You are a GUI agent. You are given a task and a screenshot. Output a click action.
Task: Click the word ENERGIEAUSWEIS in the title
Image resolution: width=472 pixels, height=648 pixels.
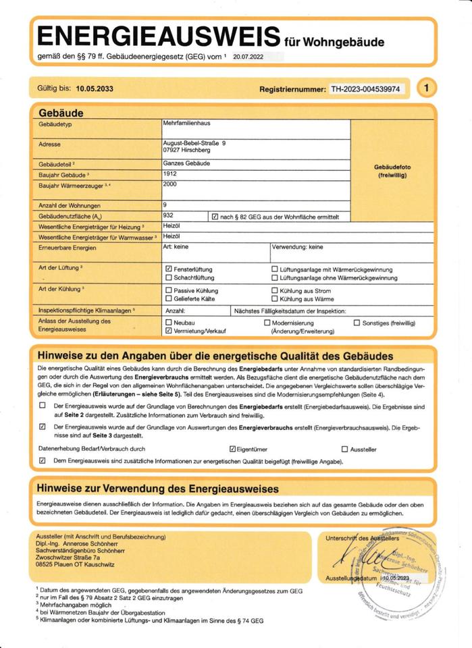[159, 37]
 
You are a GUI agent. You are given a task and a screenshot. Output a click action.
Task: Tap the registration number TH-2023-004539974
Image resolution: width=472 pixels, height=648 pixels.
[368, 88]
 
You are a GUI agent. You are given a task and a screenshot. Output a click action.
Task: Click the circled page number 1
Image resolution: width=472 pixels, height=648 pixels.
[427, 88]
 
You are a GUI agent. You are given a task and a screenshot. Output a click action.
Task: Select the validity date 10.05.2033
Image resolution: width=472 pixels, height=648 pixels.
[95, 88]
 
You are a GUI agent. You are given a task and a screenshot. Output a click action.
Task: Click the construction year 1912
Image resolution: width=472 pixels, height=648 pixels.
[170, 173]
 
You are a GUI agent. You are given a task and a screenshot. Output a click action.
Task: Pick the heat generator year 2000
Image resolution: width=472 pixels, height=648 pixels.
[170, 184]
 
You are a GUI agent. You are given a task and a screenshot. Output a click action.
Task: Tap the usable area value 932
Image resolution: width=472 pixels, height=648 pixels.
[169, 214]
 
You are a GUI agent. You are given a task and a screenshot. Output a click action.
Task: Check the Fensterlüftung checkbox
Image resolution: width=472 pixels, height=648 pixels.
[169, 269]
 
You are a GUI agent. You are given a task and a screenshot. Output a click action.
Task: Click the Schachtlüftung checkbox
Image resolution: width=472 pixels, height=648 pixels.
[169, 277]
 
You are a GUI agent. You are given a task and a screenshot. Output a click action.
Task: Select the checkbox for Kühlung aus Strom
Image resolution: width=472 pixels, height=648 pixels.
[274, 290]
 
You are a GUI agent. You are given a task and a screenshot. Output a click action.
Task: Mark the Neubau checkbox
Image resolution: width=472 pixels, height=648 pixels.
[169, 323]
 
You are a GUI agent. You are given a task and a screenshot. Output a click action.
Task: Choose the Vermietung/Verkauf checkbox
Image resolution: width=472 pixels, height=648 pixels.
[169, 331]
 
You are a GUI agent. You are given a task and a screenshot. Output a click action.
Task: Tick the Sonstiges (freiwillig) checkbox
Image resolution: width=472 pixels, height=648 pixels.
[357, 323]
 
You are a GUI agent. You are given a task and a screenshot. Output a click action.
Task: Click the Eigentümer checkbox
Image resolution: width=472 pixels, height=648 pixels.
[232, 449]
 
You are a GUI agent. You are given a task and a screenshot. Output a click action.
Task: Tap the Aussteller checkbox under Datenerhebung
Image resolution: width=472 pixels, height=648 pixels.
[344, 449]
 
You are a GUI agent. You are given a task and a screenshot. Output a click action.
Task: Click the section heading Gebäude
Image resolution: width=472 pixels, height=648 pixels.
[61, 113]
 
